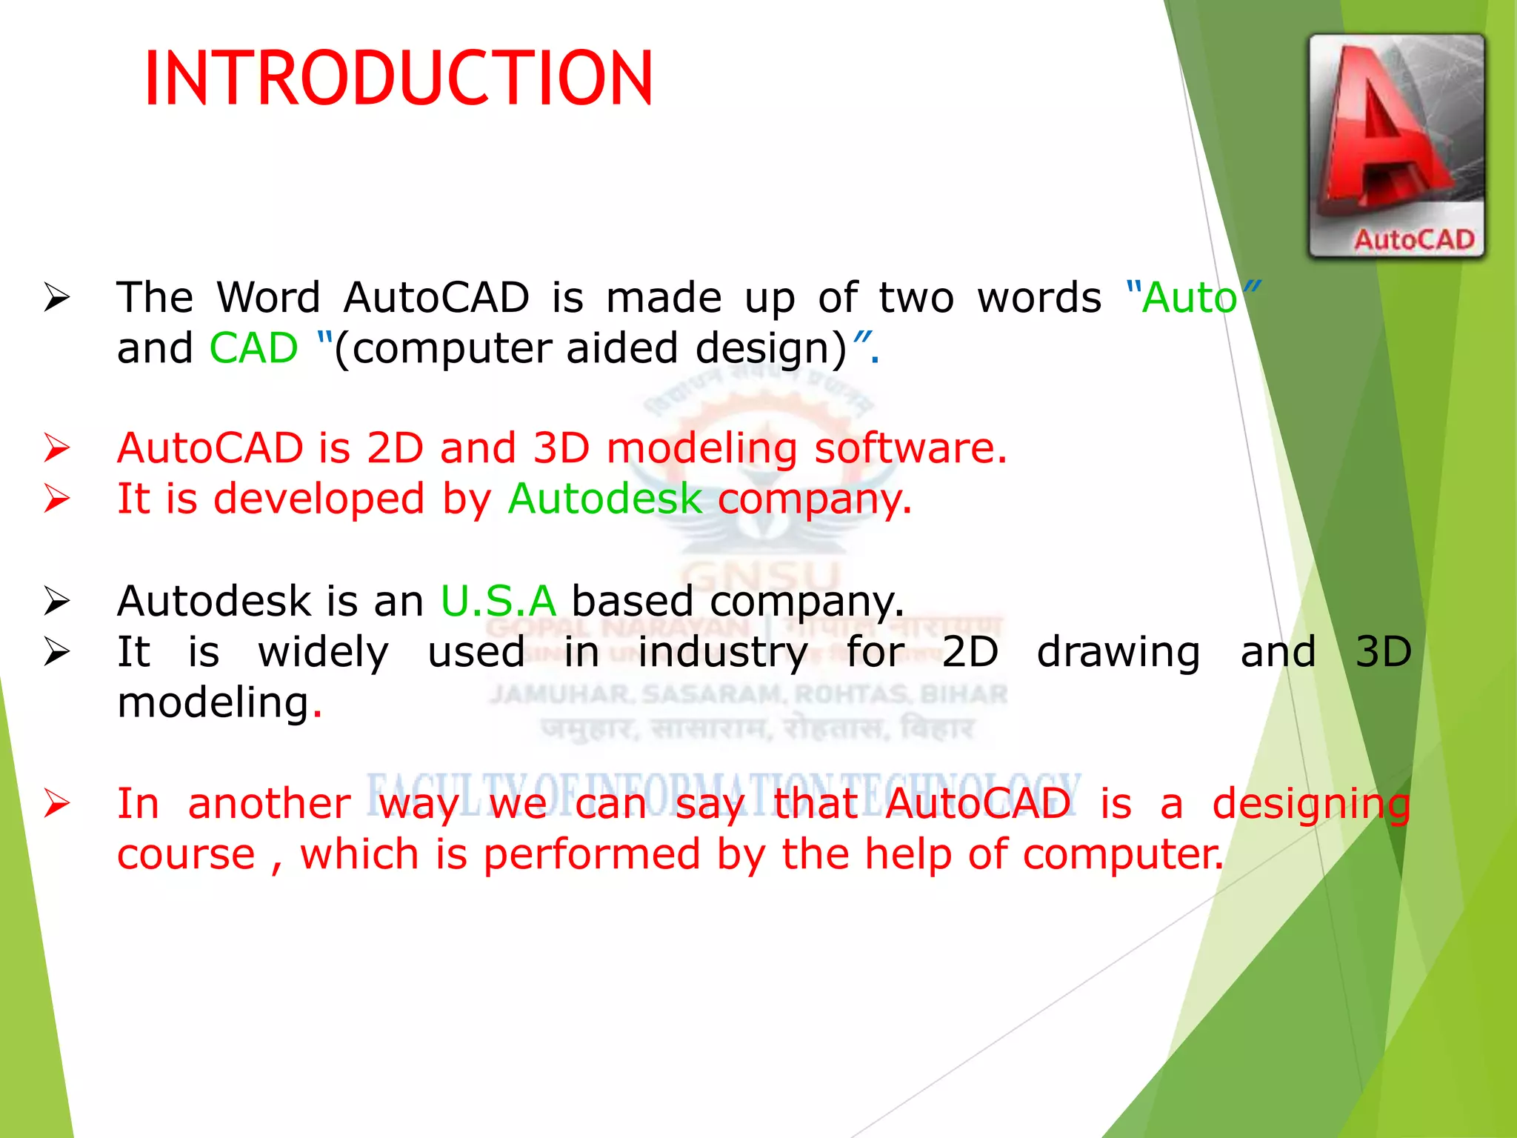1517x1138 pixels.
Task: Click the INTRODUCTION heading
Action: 399,79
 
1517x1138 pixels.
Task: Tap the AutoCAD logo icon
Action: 1396,145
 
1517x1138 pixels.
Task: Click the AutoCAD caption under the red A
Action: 1413,239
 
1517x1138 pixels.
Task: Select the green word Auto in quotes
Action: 1190,299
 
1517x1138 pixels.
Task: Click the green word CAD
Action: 253,348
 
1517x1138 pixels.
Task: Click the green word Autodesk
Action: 604,499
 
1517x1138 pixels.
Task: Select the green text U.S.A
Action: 498,601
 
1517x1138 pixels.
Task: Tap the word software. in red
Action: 910,449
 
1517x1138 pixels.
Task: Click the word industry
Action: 723,653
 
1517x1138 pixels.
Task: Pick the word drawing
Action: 1118,653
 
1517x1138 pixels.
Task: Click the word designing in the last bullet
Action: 1310,805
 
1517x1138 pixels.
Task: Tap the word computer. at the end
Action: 1123,855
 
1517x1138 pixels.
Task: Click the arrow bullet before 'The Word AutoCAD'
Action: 57,298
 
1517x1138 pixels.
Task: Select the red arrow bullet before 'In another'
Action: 57,804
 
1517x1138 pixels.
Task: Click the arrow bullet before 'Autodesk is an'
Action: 57,601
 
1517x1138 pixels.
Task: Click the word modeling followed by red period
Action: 213,703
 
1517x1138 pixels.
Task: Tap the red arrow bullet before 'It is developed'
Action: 57,499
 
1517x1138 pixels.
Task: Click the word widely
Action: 323,653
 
